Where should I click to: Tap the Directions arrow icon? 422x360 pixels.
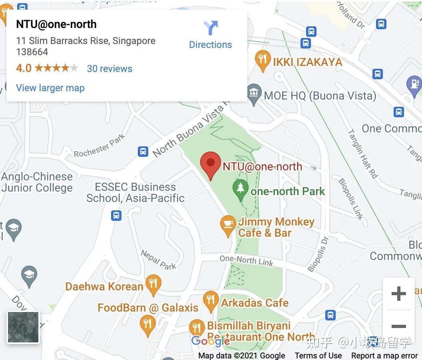pyautogui.click(x=211, y=28)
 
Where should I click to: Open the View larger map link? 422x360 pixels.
pyautogui.click(x=50, y=88)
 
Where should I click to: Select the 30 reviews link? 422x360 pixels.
pyautogui.click(x=109, y=69)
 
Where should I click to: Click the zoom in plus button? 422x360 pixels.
pyautogui.click(x=398, y=294)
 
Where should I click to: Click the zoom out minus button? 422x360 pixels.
pyautogui.click(x=398, y=326)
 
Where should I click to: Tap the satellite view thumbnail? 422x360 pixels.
pyautogui.click(x=23, y=328)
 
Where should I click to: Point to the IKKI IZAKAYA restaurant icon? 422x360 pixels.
pyautogui.click(x=262, y=61)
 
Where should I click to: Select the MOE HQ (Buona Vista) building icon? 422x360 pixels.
pyautogui.click(x=253, y=94)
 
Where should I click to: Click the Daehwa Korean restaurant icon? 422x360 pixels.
pyautogui.click(x=153, y=284)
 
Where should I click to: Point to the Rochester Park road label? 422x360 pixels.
pyautogui.click(x=100, y=146)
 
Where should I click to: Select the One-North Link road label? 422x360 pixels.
pyautogui.click(x=246, y=261)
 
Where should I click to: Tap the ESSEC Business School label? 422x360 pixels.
pyautogui.click(x=135, y=192)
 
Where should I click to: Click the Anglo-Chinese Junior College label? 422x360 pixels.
pyautogui.click(x=37, y=182)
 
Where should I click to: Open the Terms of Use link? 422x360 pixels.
pyautogui.click(x=318, y=356)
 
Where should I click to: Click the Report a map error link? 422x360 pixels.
pyautogui.click(x=384, y=356)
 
